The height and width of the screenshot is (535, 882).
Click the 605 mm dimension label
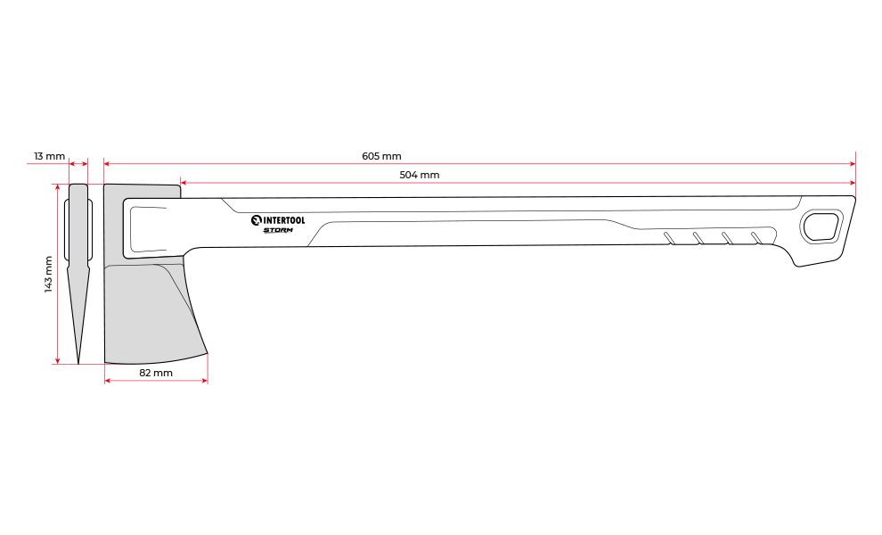tap(381, 156)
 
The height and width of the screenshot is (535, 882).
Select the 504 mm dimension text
tap(419, 175)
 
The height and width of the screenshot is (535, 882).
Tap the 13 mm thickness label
tap(50, 156)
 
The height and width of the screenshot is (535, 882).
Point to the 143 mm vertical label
tap(48, 274)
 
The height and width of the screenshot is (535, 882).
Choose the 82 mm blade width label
tap(156, 373)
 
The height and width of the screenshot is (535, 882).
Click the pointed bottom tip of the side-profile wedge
tap(78, 360)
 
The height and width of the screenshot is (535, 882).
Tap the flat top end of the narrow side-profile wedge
tap(78, 186)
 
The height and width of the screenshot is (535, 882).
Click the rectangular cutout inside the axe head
tap(151, 227)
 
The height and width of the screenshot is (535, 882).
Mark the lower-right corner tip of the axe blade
tap(207, 353)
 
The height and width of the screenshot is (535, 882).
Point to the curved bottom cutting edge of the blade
tap(156, 361)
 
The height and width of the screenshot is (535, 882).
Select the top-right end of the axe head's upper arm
tap(178, 190)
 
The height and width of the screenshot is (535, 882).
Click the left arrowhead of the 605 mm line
tap(107, 164)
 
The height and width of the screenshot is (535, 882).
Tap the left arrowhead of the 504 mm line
tap(183, 183)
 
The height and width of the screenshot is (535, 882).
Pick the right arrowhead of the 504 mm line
tap(853, 183)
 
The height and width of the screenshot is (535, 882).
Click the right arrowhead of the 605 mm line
tap(853, 164)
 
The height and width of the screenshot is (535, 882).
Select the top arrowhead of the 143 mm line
tap(58, 187)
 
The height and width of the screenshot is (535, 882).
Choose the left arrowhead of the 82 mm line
tap(108, 381)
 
